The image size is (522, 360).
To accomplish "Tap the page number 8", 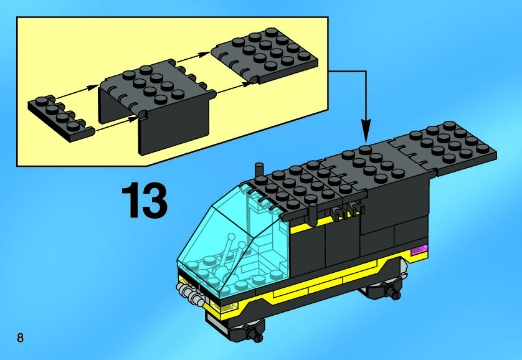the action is click(x=21, y=338).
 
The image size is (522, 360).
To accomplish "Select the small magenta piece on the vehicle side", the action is click(x=419, y=251).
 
